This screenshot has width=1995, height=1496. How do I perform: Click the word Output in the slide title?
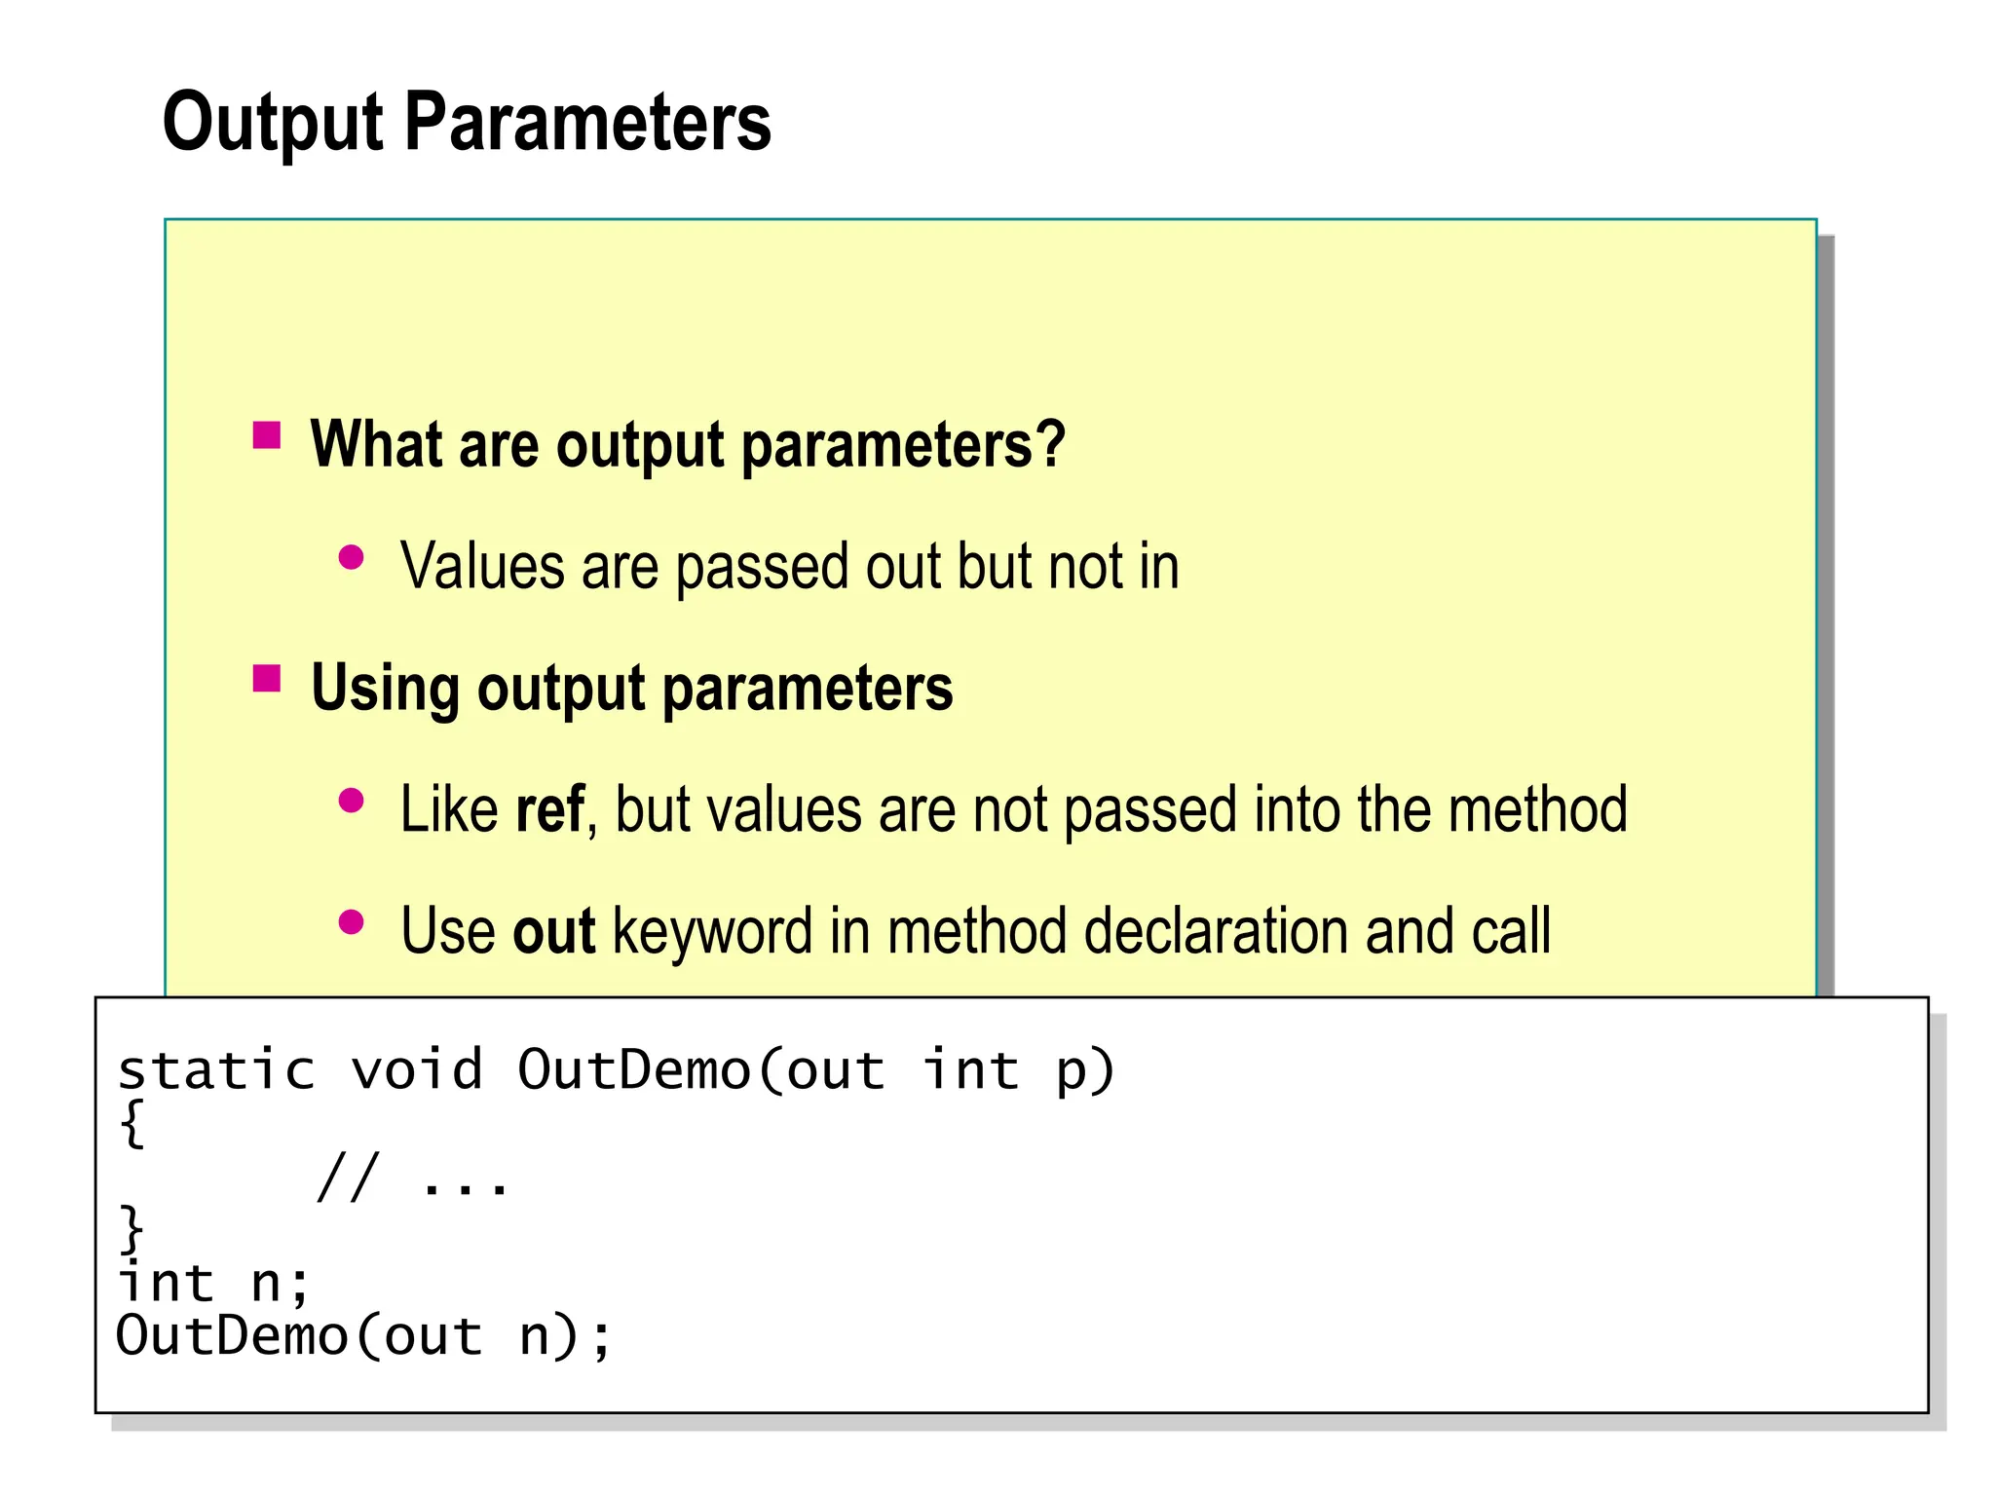pyautogui.click(x=273, y=124)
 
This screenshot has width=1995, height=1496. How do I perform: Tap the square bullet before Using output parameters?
pyautogui.click(x=267, y=678)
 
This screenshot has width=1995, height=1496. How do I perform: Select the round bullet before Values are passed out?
pyautogui.click(x=351, y=558)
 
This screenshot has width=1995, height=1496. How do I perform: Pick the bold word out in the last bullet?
pyautogui.click(x=553, y=931)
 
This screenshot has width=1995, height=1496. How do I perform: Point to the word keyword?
pyautogui.click(x=712, y=933)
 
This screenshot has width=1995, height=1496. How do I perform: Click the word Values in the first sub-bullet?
pyautogui.click(x=482, y=567)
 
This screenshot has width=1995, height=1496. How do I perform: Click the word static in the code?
pyautogui.click(x=216, y=1070)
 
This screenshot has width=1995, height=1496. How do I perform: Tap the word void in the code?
pyautogui.click(x=417, y=1070)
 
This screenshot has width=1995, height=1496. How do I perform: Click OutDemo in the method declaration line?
pyautogui.click(x=633, y=1070)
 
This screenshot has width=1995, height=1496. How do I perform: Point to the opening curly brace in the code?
pyautogui.click(x=132, y=1124)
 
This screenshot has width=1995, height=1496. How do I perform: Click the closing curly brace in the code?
pyautogui.click(x=132, y=1229)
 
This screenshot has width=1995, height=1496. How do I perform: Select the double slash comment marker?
pyautogui.click(x=347, y=1178)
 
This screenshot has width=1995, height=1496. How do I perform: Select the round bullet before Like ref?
pyautogui.click(x=351, y=802)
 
